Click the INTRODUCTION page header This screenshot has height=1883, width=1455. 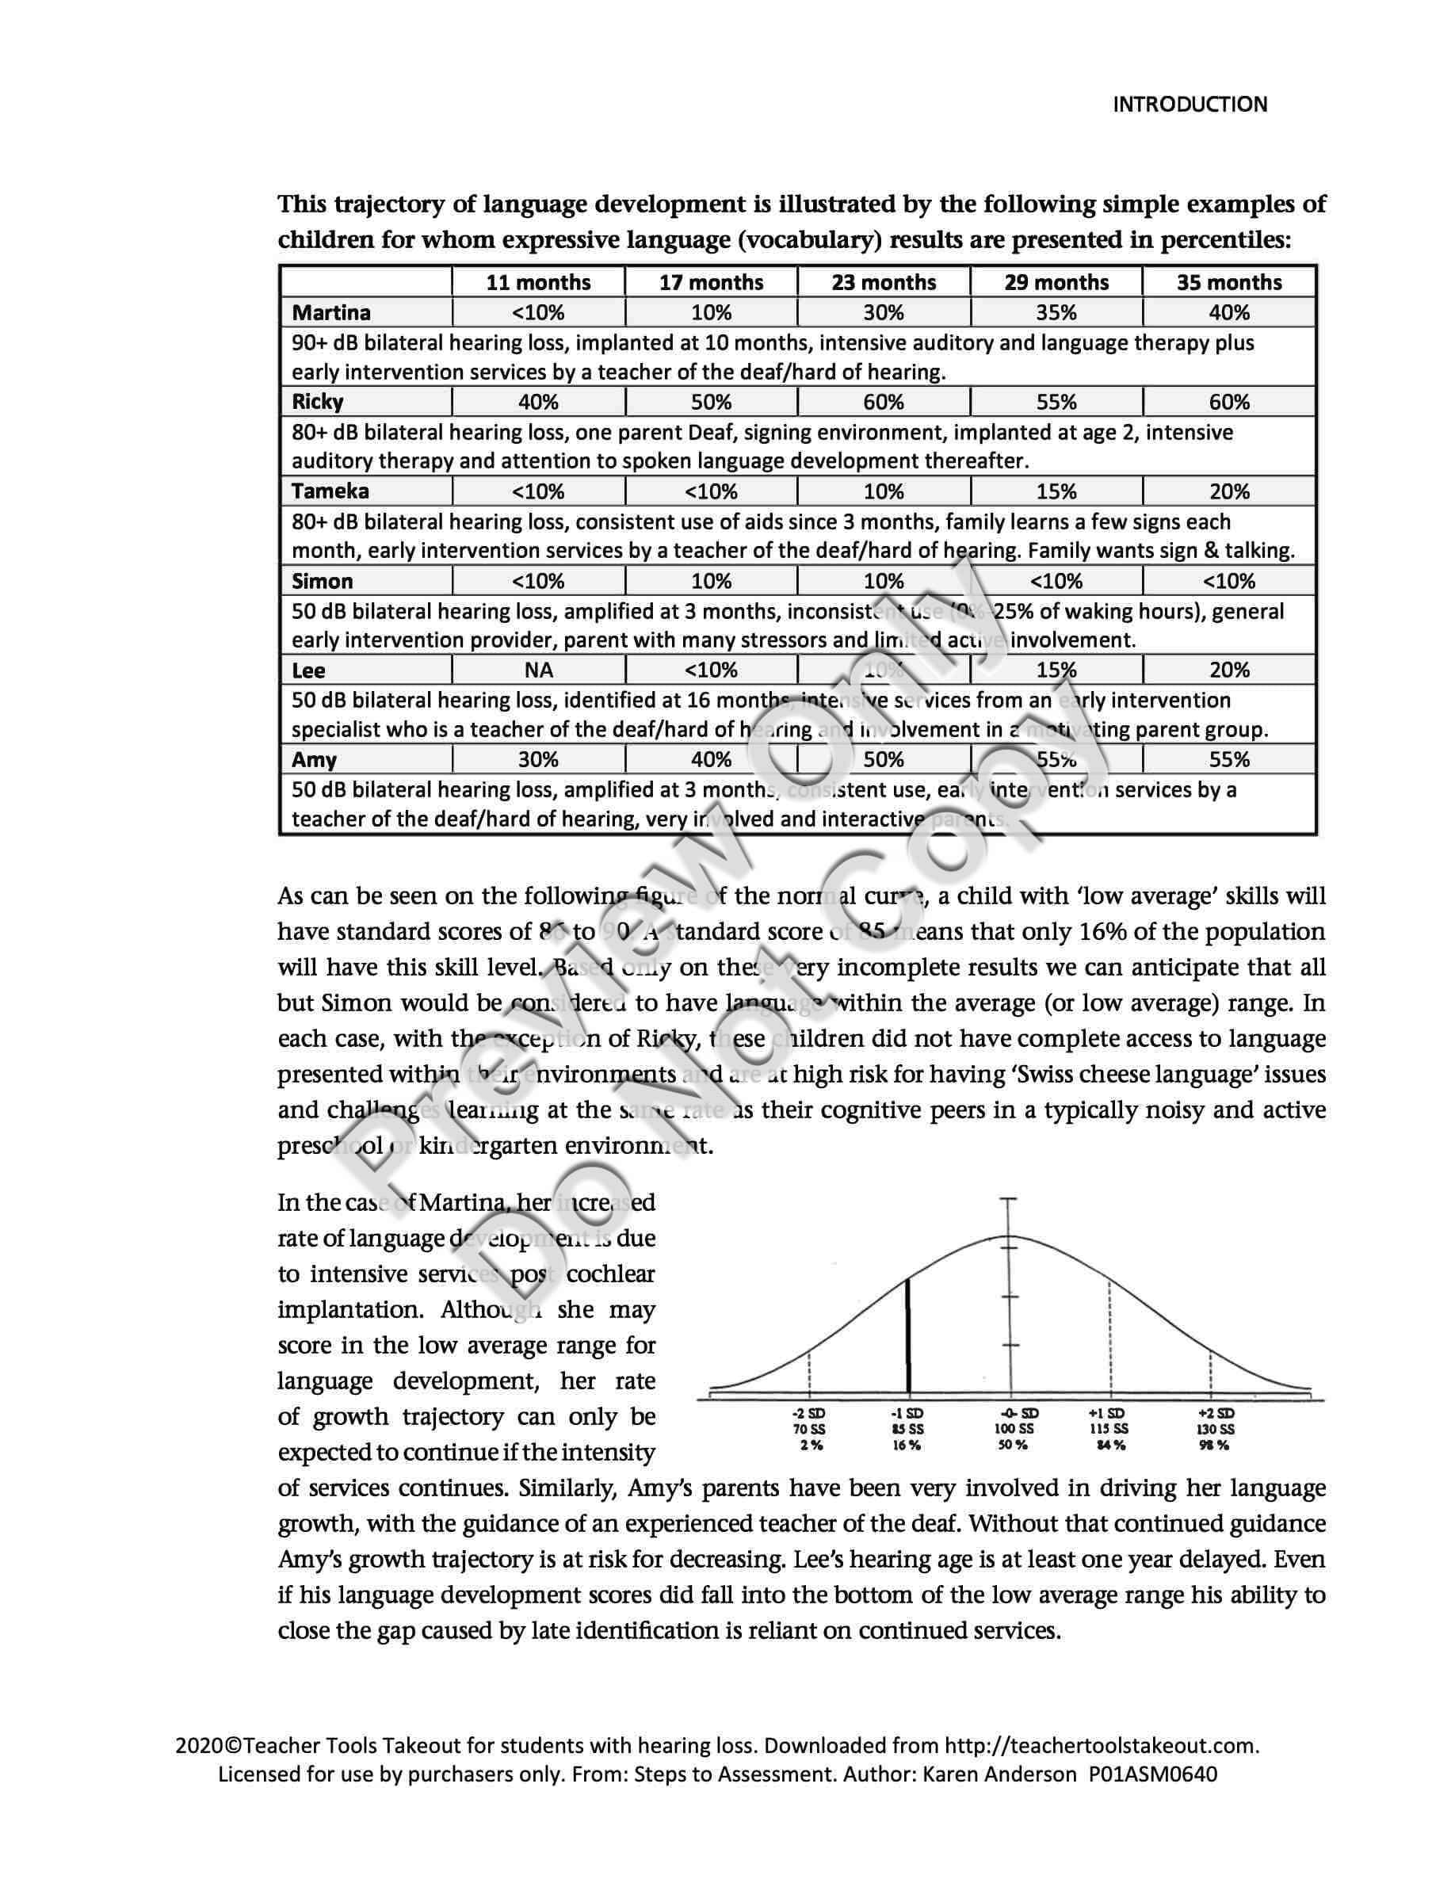point(1190,105)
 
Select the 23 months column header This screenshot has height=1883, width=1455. point(884,282)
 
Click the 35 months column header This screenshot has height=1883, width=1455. point(1229,282)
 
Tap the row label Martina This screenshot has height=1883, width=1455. point(331,312)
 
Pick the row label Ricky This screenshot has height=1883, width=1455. point(317,402)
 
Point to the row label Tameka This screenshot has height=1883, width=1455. point(330,491)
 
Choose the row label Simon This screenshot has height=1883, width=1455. point(323,581)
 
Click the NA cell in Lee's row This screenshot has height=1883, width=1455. point(539,670)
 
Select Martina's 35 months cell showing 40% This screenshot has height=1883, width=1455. point(1229,312)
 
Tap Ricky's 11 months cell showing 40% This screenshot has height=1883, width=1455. point(539,402)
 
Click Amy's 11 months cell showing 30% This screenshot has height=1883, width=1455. point(539,759)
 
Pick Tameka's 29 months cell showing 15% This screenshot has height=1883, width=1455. point(1056,491)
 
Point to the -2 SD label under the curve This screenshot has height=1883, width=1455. point(809,1413)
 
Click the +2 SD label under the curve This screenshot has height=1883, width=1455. point(1216,1413)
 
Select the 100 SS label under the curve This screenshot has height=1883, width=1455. point(1010,1429)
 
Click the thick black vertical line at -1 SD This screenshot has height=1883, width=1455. point(907,1336)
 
